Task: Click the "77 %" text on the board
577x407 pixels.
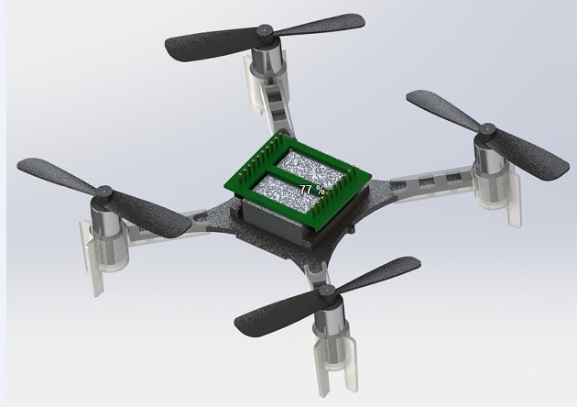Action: tap(312, 190)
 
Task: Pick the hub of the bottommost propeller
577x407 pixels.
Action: tap(326, 291)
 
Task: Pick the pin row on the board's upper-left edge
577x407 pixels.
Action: tap(251, 160)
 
